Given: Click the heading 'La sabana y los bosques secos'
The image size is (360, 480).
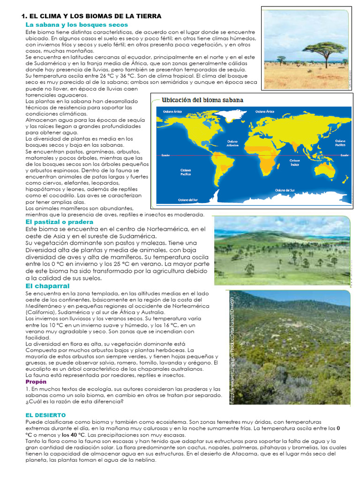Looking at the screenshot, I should (76, 24).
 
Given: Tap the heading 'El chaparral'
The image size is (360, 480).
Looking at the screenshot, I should (47, 286).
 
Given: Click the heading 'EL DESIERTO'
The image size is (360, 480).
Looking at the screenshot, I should (45, 415).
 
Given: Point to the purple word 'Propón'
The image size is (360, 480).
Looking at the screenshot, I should (36, 382).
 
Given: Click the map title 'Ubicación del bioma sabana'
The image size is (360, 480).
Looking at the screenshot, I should (202, 100).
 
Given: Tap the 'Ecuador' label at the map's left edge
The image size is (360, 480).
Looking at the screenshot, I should (165, 155).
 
